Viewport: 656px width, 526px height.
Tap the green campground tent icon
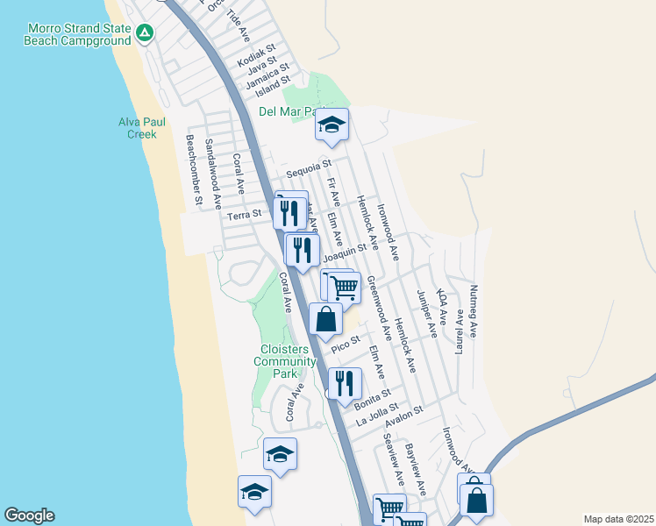(x=146, y=34)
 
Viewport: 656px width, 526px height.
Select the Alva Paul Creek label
(x=138, y=128)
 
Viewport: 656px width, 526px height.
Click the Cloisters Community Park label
(x=285, y=361)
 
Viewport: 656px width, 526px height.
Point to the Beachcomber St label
(x=194, y=170)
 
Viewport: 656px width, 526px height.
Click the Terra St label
(x=245, y=214)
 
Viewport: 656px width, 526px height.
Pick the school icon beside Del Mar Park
(x=332, y=125)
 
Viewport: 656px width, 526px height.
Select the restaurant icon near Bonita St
(x=345, y=382)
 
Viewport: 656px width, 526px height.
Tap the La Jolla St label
(x=377, y=414)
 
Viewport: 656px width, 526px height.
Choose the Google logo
(x=29, y=515)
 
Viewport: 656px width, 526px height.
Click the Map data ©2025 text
(x=618, y=519)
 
